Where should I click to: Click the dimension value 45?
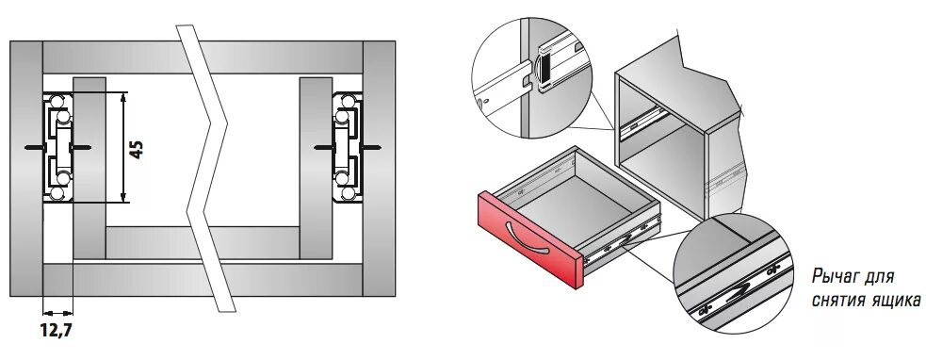pos(137,150)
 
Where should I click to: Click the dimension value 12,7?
pos(57,330)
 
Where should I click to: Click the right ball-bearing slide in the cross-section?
pos(347,147)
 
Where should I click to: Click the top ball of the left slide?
pos(57,102)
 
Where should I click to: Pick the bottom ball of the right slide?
pos(349,192)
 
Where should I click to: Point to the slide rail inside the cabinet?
pos(644,123)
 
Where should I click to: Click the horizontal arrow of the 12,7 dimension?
pos(57,313)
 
